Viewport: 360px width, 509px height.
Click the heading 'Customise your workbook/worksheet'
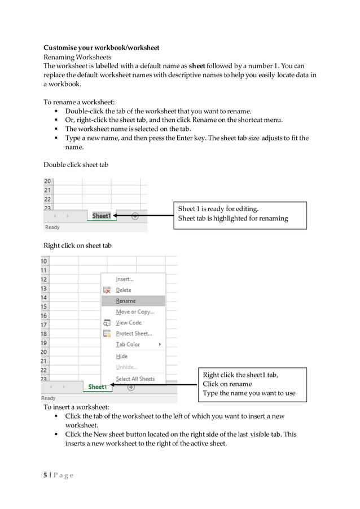click(x=102, y=47)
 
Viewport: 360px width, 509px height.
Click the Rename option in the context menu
click(x=126, y=301)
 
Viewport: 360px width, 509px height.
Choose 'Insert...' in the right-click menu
click(x=125, y=279)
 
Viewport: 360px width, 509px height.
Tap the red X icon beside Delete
click(x=107, y=290)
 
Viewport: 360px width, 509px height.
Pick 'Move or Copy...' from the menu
click(x=135, y=312)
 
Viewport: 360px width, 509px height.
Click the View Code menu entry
click(x=129, y=323)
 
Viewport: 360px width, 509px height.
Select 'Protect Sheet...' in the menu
click(x=134, y=334)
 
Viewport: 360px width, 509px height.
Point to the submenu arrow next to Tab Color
click(x=160, y=345)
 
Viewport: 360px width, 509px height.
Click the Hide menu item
click(x=122, y=356)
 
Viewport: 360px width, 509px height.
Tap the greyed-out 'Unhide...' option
click(x=126, y=367)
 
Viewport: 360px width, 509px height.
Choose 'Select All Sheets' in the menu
click(x=135, y=379)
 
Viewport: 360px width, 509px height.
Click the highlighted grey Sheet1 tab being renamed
click(x=102, y=216)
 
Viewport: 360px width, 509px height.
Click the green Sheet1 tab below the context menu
click(x=97, y=387)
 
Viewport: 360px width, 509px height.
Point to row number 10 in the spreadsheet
click(x=44, y=261)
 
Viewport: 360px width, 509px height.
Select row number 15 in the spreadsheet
click(x=44, y=307)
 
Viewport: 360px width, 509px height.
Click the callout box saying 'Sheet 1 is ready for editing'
click(x=240, y=214)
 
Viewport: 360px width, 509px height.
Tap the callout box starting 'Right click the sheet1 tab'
click(x=252, y=384)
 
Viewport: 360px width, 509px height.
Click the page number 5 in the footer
click(x=46, y=475)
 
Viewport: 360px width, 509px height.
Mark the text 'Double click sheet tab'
click(x=76, y=165)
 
